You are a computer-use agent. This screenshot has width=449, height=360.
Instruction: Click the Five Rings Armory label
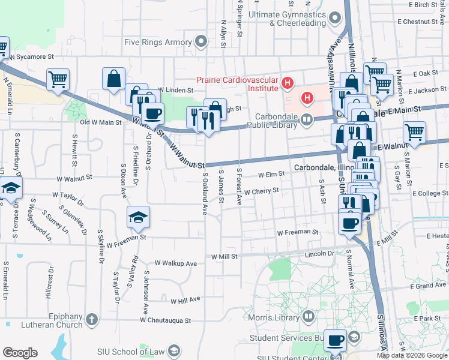(x=157, y=42)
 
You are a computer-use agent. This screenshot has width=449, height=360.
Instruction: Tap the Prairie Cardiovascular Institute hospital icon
(x=288, y=82)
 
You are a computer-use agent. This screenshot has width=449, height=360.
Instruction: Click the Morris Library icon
(x=309, y=316)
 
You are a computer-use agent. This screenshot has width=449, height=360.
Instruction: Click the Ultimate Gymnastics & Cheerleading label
(x=298, y=18)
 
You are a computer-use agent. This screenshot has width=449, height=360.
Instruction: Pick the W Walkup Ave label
(x=175, y=263)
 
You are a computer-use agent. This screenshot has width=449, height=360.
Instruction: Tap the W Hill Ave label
(x=185, y=301)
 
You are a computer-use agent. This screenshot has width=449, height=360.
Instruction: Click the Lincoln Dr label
(x=319, y=254)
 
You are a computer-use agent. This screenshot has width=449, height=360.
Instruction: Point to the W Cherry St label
(x=262, y=191)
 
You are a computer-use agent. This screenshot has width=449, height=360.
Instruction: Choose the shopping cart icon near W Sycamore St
(x=58, y=79)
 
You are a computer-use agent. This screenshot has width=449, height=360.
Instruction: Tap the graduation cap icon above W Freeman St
(x=138, y=217)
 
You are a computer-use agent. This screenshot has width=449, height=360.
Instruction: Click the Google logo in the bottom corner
(x=20, y=353)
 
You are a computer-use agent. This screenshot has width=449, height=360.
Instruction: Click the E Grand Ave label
(x=429, y=286)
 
